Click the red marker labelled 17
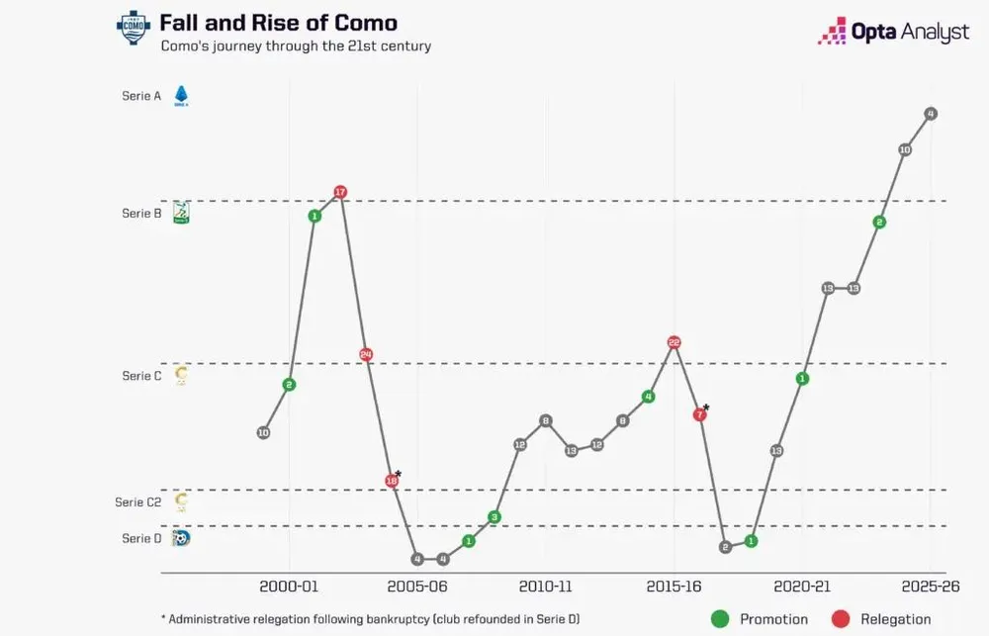pos(340,192)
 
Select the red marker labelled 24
pos(366,354)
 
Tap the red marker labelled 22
pos(674,342)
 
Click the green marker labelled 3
pos(494,517)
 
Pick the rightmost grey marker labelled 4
pos(931,114)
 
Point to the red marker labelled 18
pos(392,481)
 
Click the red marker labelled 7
pos(699,414)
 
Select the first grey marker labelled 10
pos(264,433)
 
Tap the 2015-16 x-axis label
pos(674,587)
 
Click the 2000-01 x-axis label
pos(289,587)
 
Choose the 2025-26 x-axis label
pos(931,587)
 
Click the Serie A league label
pos(141,96)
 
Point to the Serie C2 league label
pos(138,502)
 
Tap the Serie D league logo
pos(181,538)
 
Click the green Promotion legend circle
pos(720,619)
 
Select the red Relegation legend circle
pos(840,619)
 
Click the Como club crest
pos(134,27)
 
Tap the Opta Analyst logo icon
pos(832,31)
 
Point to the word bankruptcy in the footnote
pos(393,619)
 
